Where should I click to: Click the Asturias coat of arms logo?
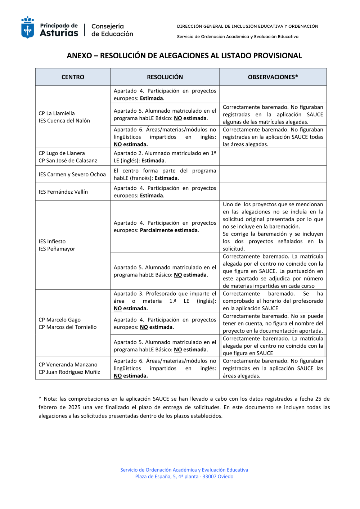(x=28, y=27)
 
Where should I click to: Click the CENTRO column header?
(x=73, y=77)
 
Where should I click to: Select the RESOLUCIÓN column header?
(x=165, y=77)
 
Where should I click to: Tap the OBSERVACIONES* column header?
(x=273, y=77)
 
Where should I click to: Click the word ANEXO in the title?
(x=79, y=56)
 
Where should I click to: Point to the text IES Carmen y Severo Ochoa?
(x=72, y=175)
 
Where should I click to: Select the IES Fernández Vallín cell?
(x=63, y=192)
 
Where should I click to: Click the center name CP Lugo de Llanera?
(x=62, y=153)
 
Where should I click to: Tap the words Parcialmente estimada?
(x=169, y=230)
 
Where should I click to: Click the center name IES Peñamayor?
(x=57, y=249)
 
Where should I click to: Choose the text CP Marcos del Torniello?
(x=68, y=327)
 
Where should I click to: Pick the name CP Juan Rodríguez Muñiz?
(x=69, y=372)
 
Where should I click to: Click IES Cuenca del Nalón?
(x=64, y=121)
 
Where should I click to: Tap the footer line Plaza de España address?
(x=184, y=477)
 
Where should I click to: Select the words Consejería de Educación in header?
(x=112, y=30)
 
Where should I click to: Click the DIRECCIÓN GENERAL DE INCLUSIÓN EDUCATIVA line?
(x=248, y=26)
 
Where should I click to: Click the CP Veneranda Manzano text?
(x=68, y=365)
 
